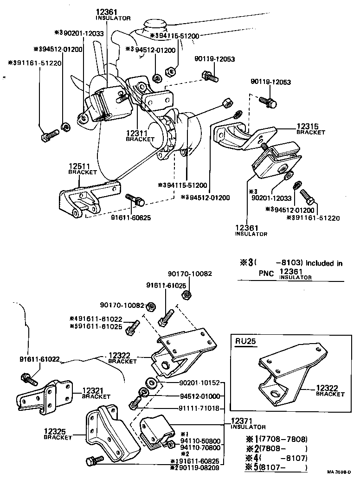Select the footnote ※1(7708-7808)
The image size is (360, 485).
(x=276, y=439)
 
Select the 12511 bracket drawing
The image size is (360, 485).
(x=86, y=197)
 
